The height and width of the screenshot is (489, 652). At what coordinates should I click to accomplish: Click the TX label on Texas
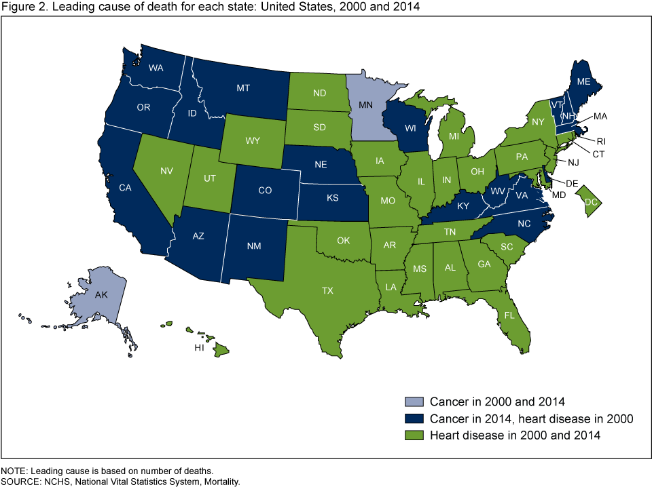pos(328,290)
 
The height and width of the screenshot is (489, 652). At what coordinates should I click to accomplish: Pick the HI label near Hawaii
pos(199,347)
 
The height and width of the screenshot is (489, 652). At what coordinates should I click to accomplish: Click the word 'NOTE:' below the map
pos(16,471)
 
